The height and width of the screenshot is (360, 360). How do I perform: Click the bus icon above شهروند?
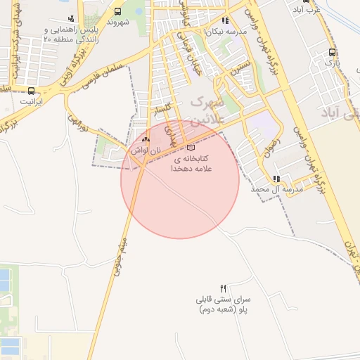(117, 11)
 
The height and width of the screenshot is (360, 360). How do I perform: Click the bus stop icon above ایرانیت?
(31, 91)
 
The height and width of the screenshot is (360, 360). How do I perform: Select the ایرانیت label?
(31, 101)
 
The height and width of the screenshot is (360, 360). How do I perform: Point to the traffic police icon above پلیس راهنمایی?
(71, 19)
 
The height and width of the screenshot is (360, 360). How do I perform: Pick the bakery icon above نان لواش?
(146, 140)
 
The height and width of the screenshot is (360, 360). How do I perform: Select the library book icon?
(191, 147)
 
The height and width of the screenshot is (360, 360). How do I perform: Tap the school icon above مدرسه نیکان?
(225, 21)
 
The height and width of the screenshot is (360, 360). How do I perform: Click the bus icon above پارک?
(332, 52)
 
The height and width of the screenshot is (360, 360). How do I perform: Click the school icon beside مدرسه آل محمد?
(276, 179)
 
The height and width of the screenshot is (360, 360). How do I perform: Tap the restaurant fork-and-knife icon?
(224, 288)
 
